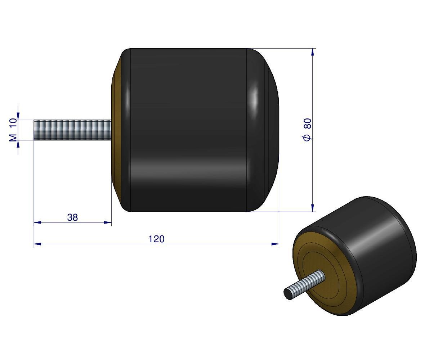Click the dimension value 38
coord(72,217)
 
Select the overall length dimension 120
coord(156,239)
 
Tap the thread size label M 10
coord(13,130)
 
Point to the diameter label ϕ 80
coord(307,130)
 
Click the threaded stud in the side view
coord(72,130)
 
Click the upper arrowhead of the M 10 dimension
coord(18,116)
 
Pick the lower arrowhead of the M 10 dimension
coord(18,144)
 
